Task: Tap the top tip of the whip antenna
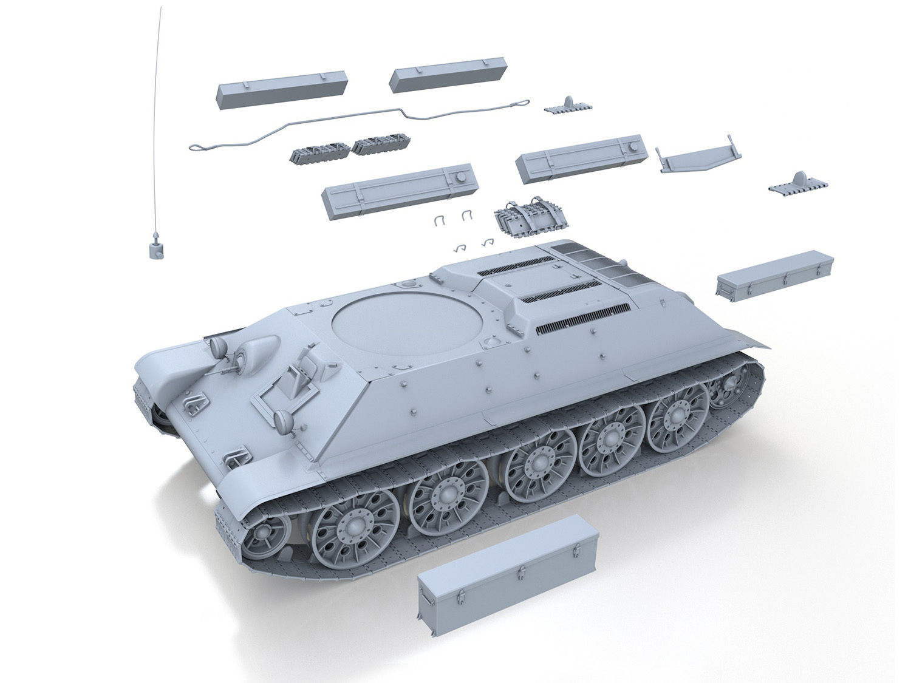[x=162, y=7]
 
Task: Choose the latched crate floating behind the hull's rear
[x=774, y=276]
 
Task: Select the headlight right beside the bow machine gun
[x=219, y=347]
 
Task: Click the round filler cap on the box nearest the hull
[x=460, y=177]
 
